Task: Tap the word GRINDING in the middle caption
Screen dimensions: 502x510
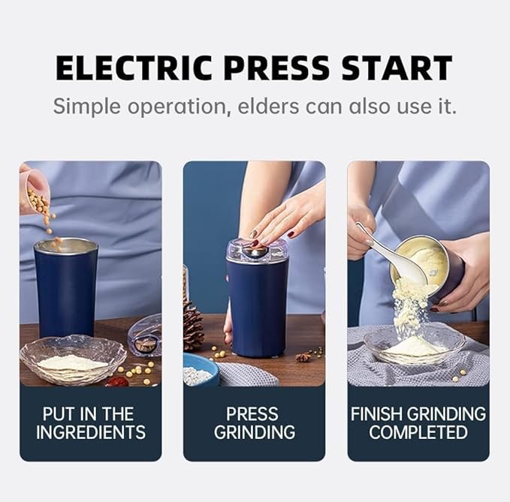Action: pos(254,432)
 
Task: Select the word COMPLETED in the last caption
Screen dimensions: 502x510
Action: pos(418,432)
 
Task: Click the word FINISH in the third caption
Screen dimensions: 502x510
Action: pos(383,413)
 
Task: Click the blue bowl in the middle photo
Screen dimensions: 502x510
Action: pos(201,370)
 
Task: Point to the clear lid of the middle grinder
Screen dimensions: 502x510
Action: pos(257,250)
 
